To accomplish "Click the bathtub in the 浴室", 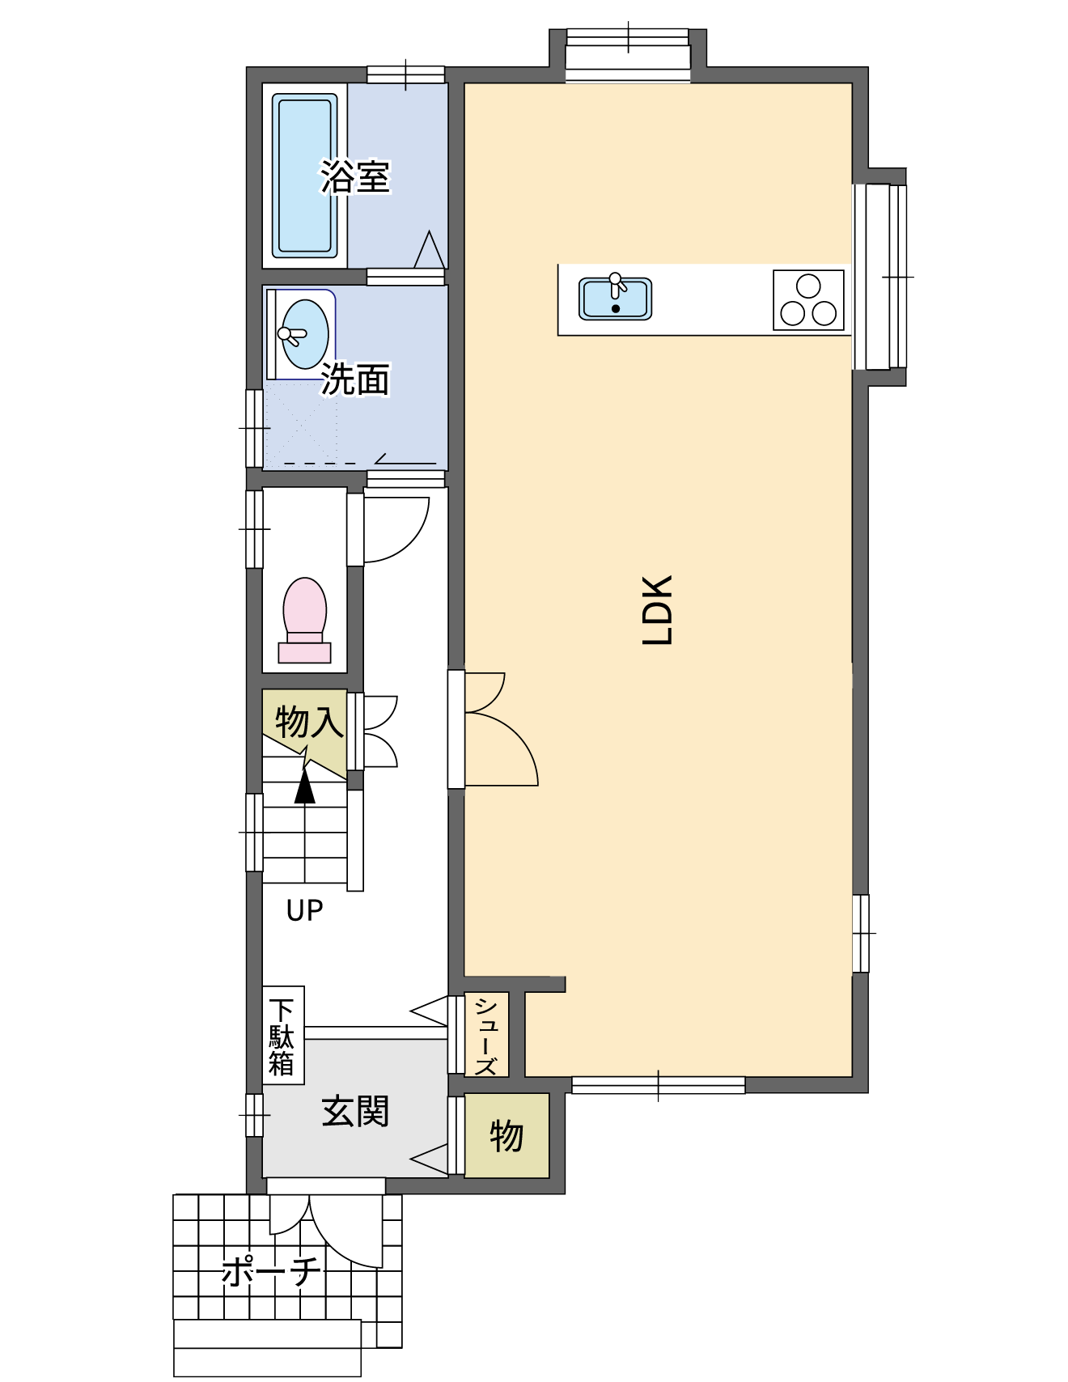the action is point(304,176).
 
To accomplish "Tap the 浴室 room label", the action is point(355,177).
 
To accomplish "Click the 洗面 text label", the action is point(355,379).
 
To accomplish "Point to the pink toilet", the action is point(304,621).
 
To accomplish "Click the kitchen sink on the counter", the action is point(616,298).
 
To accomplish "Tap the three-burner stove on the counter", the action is point(808,300).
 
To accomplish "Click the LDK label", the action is point(658,609).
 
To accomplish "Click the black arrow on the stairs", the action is point(304,786).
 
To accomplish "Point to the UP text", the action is point(304,910).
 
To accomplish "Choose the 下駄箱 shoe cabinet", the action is point(283,1035).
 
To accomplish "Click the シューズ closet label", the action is point(486,1035).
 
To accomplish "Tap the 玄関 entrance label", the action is point(355,1111).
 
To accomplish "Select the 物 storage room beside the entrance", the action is point(506,1135).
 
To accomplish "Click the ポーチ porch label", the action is point(271,1271).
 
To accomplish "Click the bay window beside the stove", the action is point(879,277).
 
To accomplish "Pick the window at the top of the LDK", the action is point(628,55).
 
